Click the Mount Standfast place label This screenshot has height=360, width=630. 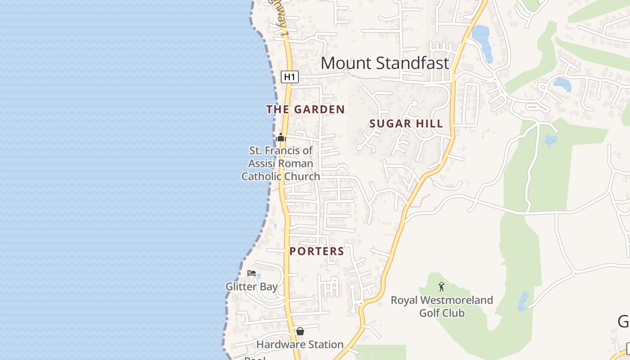pyautogui.click(x=385, y=63)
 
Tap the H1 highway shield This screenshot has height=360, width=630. pyautogui.click(x=290, y=77)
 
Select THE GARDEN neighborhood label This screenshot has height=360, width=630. pyautogui.click(x=305, y=109)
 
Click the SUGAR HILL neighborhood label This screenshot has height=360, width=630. pyautogui.click(x=406, y=124)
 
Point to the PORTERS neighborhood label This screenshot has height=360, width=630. pyautogui.click(x=317, y=252)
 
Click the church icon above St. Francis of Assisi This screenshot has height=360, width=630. pyautogui.click(x=281, y=137)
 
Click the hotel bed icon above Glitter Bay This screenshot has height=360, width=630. pyautogui.click(x=252, y=273)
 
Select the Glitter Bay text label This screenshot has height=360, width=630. pyautogui.click(x=252, y=287)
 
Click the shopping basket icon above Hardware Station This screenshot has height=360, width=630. pyautogui.click(x=300, y=332)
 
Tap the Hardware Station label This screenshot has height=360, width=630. pyautogui.click(x=300, y=345)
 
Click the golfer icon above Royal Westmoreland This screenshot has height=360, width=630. pyautogui.click(x=441, y=287)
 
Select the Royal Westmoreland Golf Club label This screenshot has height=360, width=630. pyautogui.click(x=441, y=306)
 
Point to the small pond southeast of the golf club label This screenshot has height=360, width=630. pyautogui.click(x=523, y=301)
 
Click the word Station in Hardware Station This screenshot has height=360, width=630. pyautogui.click(x=326, y=345)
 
